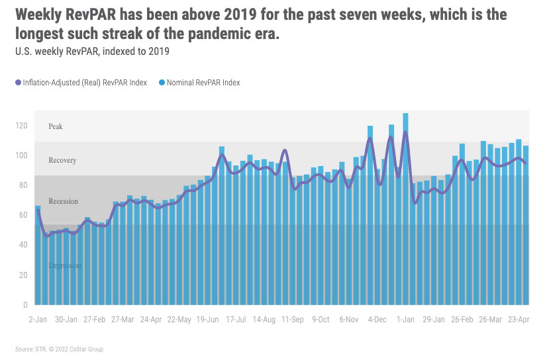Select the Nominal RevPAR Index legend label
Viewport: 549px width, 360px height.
pos(203,83)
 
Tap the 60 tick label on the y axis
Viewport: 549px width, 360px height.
pos(23,215)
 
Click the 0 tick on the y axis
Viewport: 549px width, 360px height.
pos(25,304)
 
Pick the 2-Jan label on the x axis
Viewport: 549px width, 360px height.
pos(37,319)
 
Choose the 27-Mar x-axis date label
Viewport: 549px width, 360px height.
pos(124,319)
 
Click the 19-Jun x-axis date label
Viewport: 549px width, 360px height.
pos(209,319)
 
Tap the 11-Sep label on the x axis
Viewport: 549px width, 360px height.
pos(293,319)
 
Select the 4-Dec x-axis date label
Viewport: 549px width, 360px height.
pos(377,319)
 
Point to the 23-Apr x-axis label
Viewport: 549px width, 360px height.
pos(518,319)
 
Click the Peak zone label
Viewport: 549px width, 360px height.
pos(56,126)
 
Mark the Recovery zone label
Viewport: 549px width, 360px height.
pos(62,160)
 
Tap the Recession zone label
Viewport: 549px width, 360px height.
pos(63,201)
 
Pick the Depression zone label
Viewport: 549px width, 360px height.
pos(65,265)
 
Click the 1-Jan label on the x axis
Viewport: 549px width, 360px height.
pos(405,319)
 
